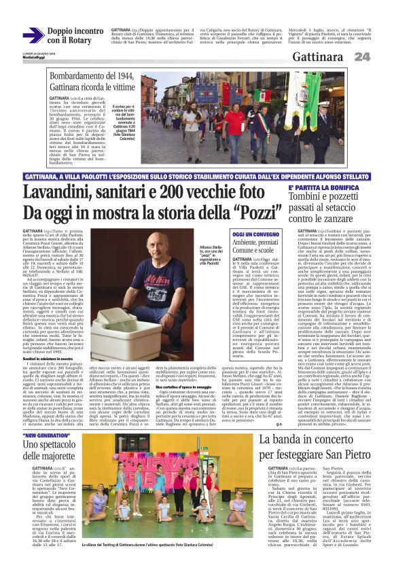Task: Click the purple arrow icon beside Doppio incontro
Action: click(33, 35)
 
